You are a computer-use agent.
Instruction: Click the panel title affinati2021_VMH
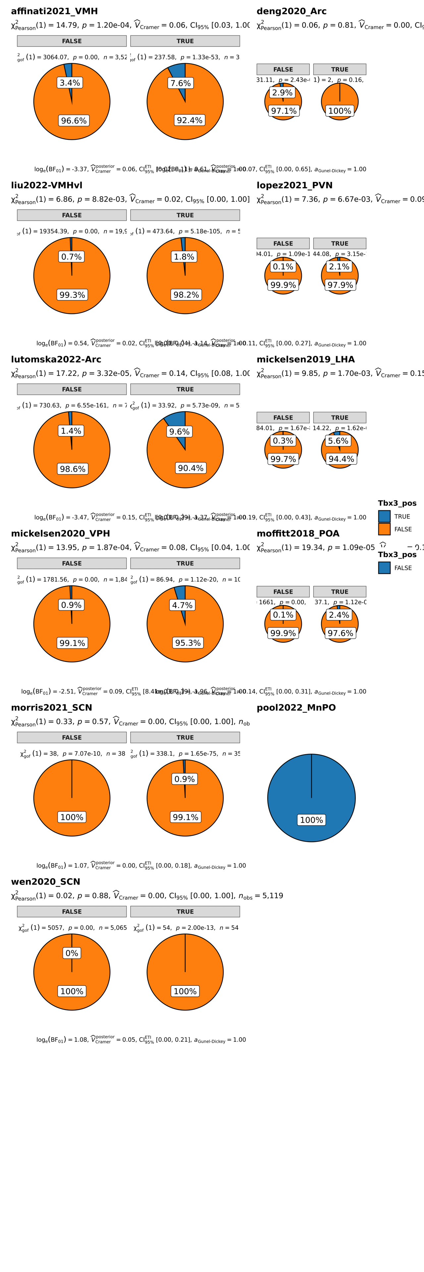(54, 11)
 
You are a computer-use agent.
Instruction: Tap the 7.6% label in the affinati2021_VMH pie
(180, 83)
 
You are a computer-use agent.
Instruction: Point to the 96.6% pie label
(74, 121)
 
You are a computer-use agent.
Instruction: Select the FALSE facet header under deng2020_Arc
(283, 70)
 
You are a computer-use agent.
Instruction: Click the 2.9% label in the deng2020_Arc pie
(282, 92)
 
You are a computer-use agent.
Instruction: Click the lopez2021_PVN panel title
(294, 185)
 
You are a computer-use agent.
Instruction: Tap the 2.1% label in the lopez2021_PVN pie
(339, 267)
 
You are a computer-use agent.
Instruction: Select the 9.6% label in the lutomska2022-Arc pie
(179, 432)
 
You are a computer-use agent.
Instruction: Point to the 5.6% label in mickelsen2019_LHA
(338, 441)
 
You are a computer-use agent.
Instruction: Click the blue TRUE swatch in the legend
(384, 516)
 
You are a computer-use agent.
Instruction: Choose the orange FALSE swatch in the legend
(384, 529)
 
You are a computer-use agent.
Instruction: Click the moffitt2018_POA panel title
(298, 534)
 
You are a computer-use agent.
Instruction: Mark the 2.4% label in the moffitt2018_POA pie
(339, 615)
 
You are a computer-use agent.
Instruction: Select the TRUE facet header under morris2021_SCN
(185, 738)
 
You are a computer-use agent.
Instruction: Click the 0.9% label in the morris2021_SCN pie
(185, 779)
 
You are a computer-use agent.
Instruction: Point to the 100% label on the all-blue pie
(311, 820)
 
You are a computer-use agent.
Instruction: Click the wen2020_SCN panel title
(45, 882)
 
